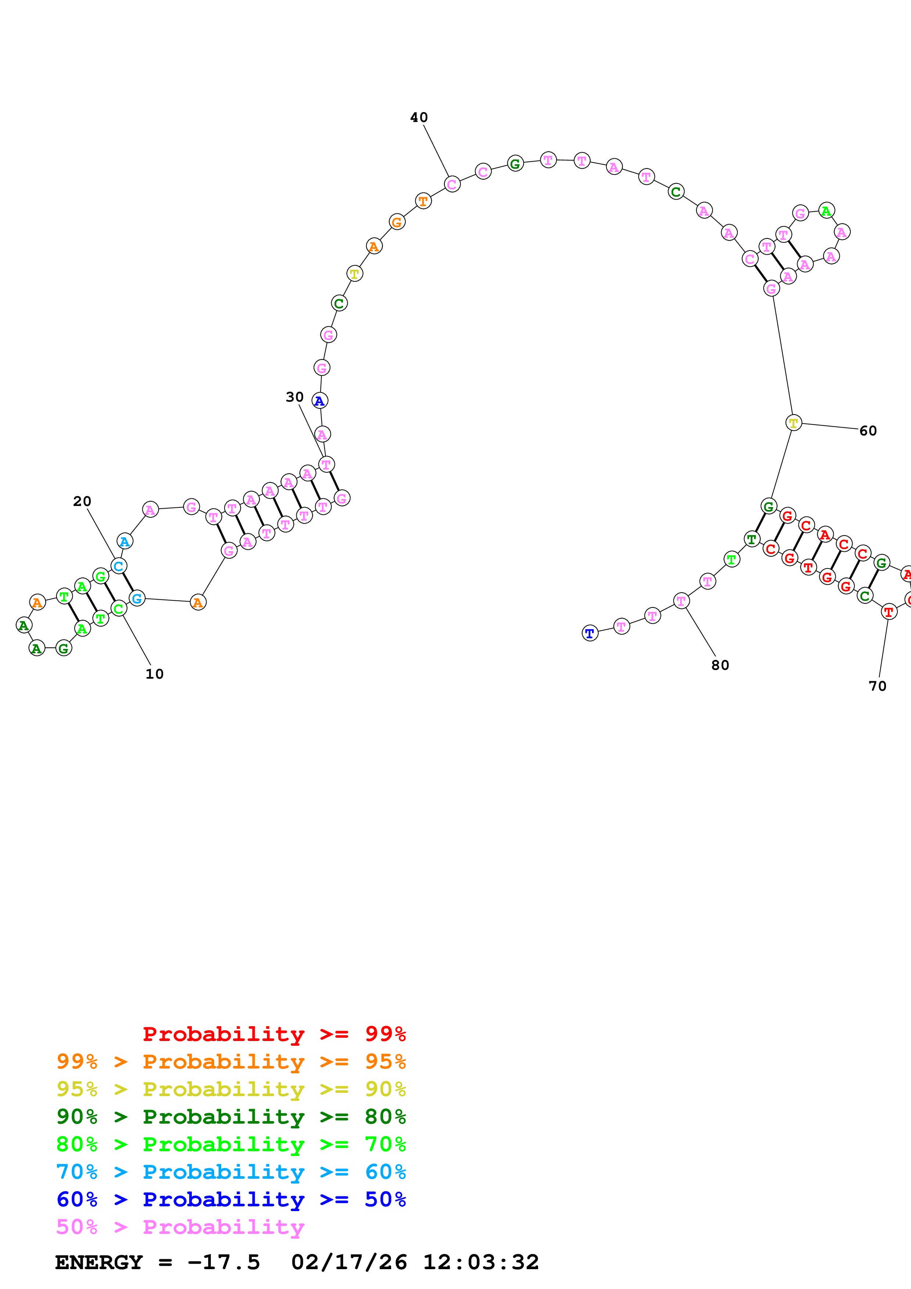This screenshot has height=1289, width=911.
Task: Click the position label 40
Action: click(x=419, y=117)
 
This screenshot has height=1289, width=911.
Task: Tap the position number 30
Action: click(x=295, y=397)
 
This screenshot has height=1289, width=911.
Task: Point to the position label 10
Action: click(x=154, y=674)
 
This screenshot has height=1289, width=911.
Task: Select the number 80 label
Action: click(x=720, y=665)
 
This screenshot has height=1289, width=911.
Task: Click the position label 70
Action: click(x=877, y=686)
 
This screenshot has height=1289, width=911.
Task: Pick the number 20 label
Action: click(x=82, y=501)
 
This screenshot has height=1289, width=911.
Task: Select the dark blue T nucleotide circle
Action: click(x=589, y=633)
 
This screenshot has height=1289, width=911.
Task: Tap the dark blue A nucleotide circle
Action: click(x=319, y=401)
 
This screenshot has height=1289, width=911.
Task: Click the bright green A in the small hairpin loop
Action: click(x=826, y=211)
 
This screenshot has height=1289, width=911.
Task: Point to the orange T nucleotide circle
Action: click(x=423, y=201)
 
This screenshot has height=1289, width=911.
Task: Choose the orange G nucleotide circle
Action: click(x=397, y=222)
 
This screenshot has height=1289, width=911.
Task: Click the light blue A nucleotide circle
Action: click(x=125, y=541)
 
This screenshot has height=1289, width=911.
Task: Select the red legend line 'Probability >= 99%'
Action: click(x=274, y=1034)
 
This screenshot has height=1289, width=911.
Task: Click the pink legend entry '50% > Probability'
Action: click(x=180, y=1227)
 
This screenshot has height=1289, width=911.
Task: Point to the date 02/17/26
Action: click(x=349, y=1263)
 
